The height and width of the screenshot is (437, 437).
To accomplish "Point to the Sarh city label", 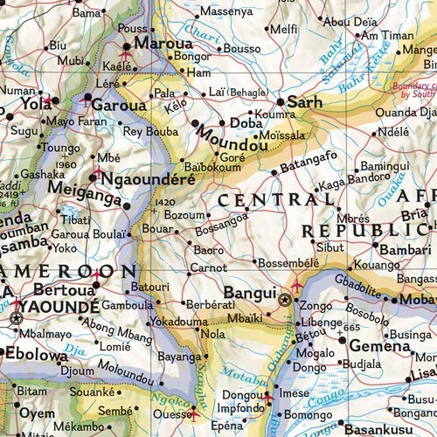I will coord(305,101).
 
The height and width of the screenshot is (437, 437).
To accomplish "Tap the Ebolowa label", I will coord(34,354).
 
